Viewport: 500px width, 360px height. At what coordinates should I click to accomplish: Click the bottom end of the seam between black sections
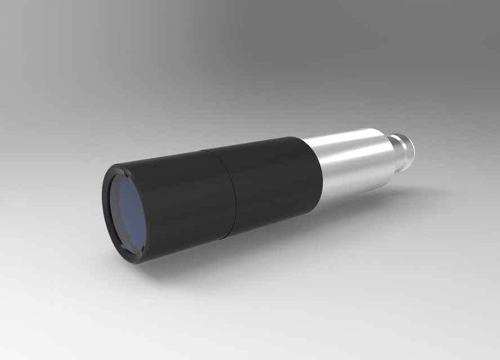pyautogui.click(x=226, y=238)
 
